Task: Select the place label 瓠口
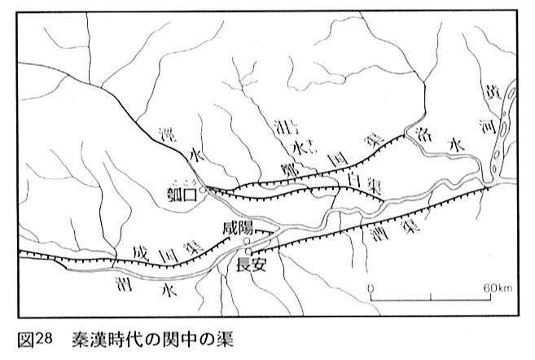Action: (x=180, y=195)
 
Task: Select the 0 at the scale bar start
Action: (x=371, y=288)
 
